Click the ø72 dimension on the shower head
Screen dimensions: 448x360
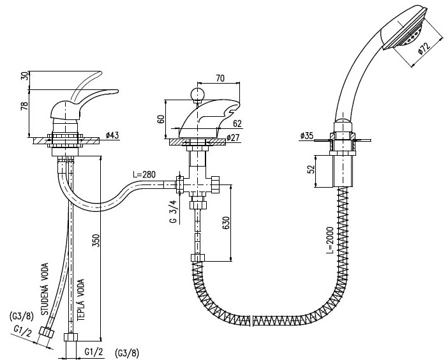424,48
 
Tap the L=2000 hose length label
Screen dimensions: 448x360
331,240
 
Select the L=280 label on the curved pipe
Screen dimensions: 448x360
144,174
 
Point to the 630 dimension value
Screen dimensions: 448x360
226,223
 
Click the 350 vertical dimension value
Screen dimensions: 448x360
96,241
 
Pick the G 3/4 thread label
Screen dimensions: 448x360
174,211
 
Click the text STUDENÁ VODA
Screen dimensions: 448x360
45,289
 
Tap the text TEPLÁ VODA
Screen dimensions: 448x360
81,300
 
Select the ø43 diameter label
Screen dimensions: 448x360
112,135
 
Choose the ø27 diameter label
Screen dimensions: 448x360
233,138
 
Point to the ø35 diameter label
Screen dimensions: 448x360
307,135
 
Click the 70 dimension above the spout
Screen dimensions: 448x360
220,78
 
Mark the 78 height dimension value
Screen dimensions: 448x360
25,106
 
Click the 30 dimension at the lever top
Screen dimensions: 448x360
25,76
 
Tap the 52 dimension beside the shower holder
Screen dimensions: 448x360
311,169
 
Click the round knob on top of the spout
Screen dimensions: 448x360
197,94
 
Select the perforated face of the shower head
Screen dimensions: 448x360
411,37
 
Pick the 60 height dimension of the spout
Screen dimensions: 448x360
161,119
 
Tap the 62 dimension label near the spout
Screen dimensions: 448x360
237,123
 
